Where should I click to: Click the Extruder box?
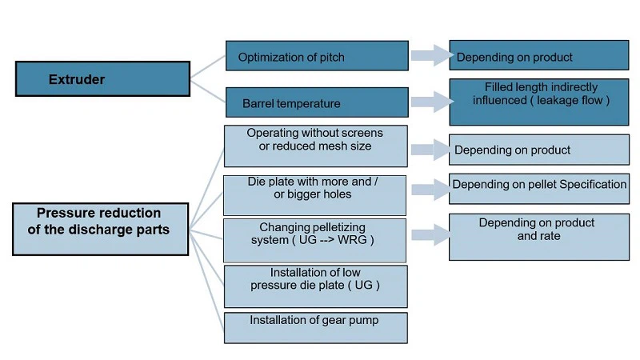pyautogui.click(x=102, y=78)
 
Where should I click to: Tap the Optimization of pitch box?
pyautogui.click(x=317, y=56)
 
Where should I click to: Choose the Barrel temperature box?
pyautogui.click(x=317, y=102)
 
